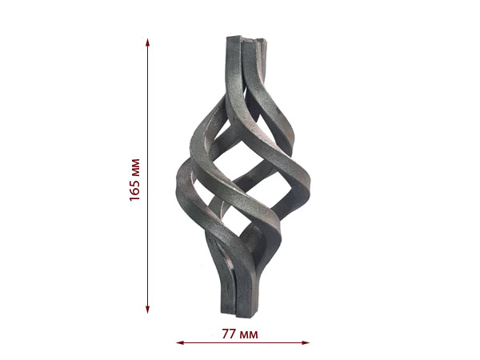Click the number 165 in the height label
coord(134,189)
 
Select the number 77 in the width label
coord(229,334)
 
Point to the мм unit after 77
coord(249,335)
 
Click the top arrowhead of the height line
coord(147,42)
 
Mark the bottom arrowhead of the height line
coord(147,309)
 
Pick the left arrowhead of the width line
coord(180,342)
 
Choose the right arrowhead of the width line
coord(306,342)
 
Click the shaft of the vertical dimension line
coord(147,176)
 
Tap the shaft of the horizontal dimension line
coord(243,342)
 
